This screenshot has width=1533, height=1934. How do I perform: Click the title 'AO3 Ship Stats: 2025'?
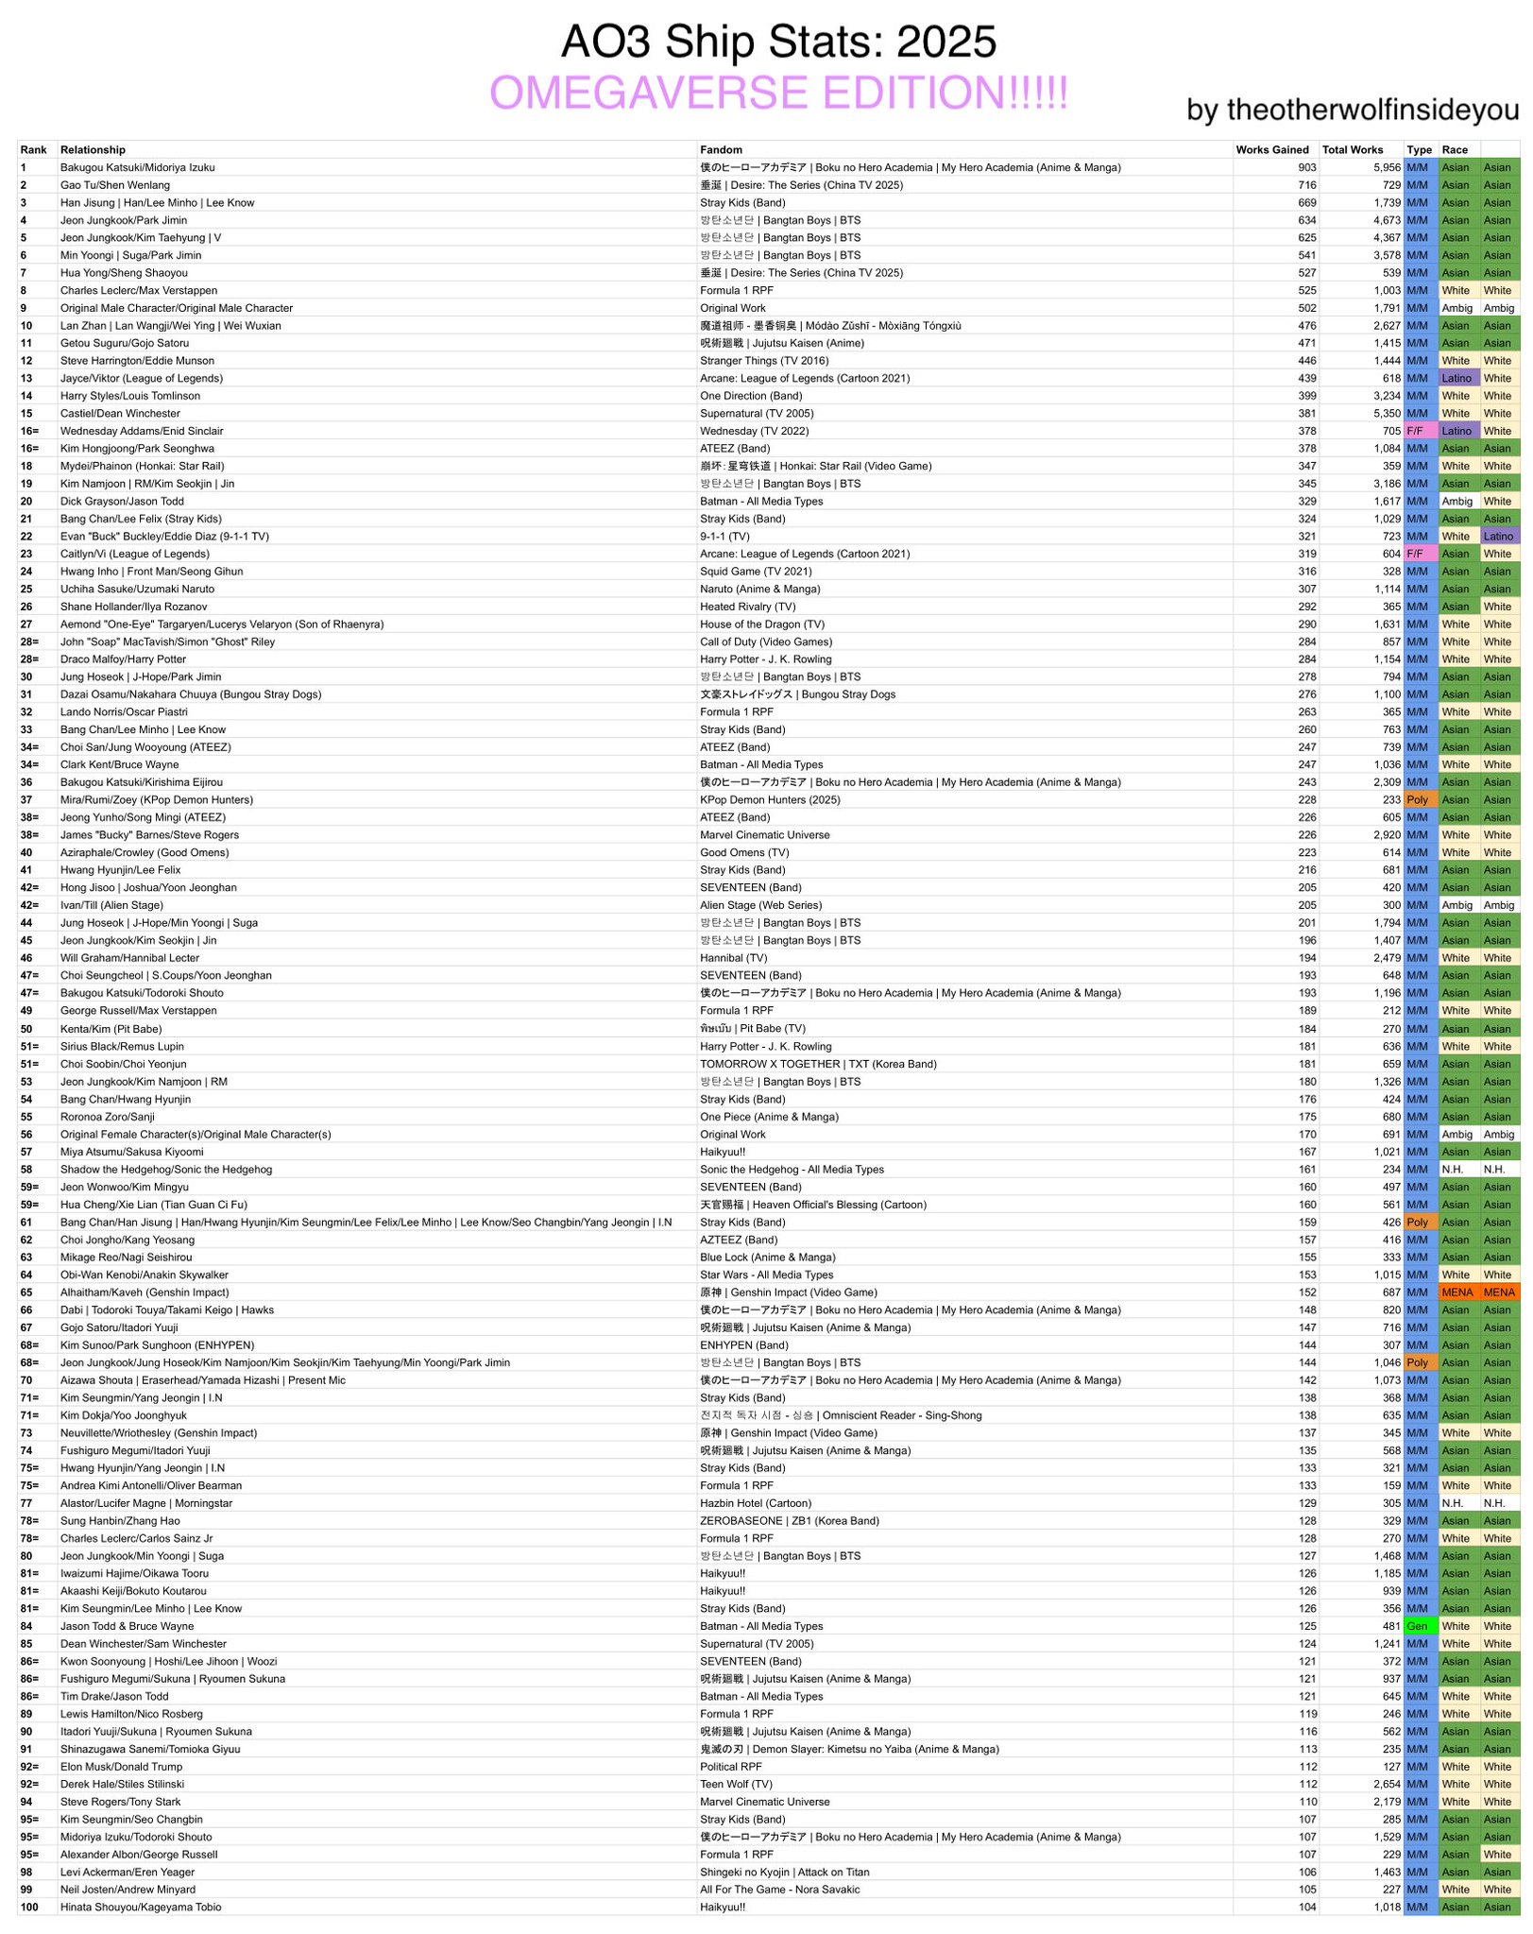778,43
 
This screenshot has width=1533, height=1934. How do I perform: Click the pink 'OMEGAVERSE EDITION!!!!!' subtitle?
778,94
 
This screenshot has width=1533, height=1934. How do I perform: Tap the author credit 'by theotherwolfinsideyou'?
1352,110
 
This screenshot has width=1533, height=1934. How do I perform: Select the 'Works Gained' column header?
1271,150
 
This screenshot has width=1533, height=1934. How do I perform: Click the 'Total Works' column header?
1352,150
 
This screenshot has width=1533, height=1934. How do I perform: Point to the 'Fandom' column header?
721,150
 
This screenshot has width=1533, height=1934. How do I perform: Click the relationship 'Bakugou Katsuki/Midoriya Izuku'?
138,168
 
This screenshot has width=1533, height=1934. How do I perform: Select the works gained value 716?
1306,185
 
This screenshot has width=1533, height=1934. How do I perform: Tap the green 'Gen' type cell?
1417,1626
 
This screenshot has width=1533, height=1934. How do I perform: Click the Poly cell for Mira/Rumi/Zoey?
1417,800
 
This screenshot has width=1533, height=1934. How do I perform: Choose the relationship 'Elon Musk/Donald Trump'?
122,1767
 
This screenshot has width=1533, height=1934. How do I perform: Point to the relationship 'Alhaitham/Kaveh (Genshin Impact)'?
145,1292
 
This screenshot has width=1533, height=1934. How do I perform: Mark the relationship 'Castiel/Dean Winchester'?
120,414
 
